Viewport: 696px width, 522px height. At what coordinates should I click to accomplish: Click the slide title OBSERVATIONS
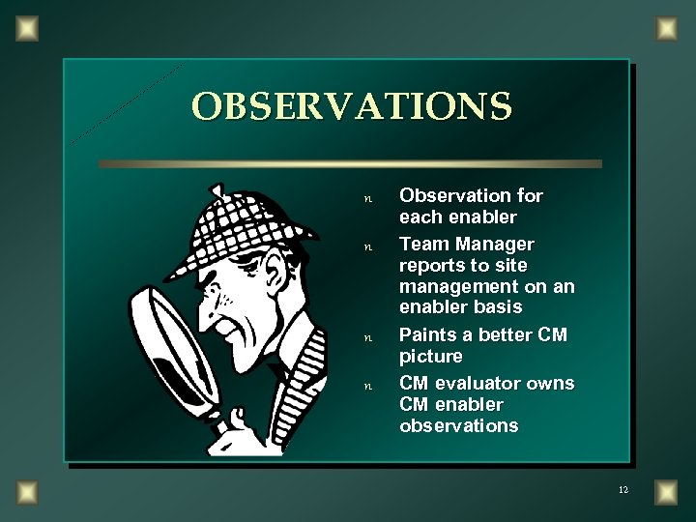click(352, 106)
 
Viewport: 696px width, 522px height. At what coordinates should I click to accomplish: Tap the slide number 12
click(623, 491)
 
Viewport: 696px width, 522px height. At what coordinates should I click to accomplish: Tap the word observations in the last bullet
click(458, 425)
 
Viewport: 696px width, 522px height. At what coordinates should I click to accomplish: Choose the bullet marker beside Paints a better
click(366, 339)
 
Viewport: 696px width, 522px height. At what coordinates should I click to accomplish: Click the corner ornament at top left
click(27, 26)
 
